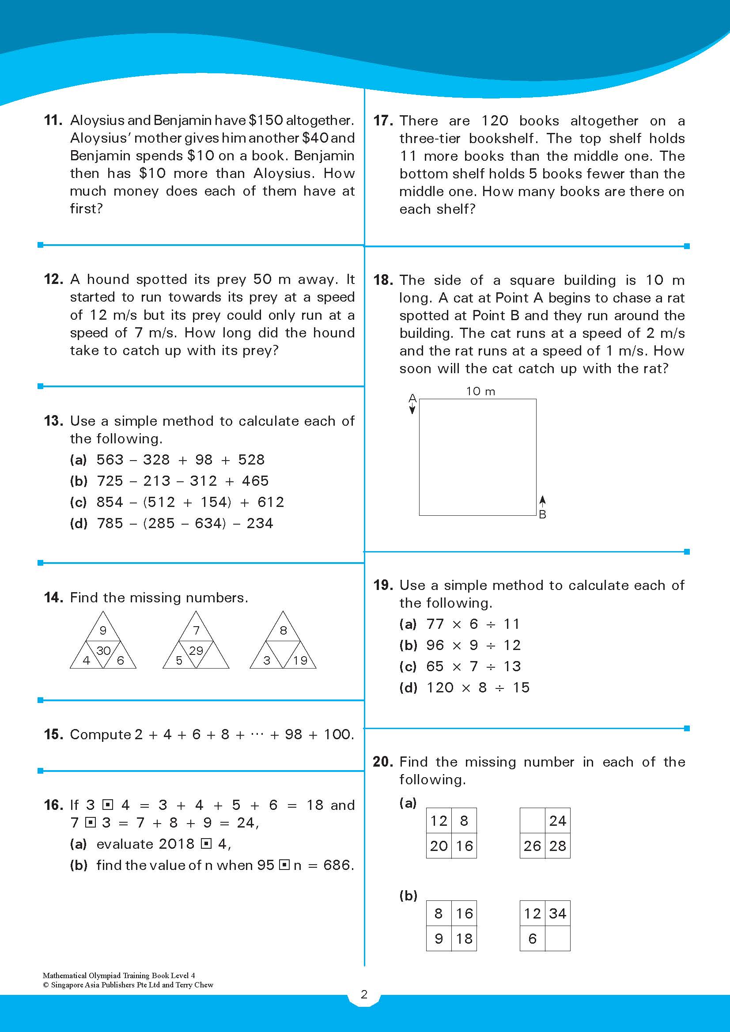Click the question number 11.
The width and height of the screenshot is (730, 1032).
coord(53,121)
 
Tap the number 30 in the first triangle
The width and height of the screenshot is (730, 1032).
coord(103,650)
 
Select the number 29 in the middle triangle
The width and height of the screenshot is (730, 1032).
coord(196,650)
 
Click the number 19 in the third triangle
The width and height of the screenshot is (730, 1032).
coord(300,660)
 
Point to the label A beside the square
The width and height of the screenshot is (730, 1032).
coord(412,398)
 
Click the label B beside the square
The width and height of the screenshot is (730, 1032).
coord(543,514)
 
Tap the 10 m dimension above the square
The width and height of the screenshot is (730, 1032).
coord(480,392)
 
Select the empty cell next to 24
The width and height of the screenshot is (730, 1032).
coord(532,821)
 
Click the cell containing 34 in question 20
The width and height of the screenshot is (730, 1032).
coord(557,913)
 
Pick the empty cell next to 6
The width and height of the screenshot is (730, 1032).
coord(557,938)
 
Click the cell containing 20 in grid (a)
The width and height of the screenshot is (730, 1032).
coord(439,846)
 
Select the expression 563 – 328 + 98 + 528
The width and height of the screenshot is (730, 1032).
coord(180,459)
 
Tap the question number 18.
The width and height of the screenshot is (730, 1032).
coord(382,280)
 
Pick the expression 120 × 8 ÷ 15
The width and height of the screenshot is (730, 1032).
coord(478,687)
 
